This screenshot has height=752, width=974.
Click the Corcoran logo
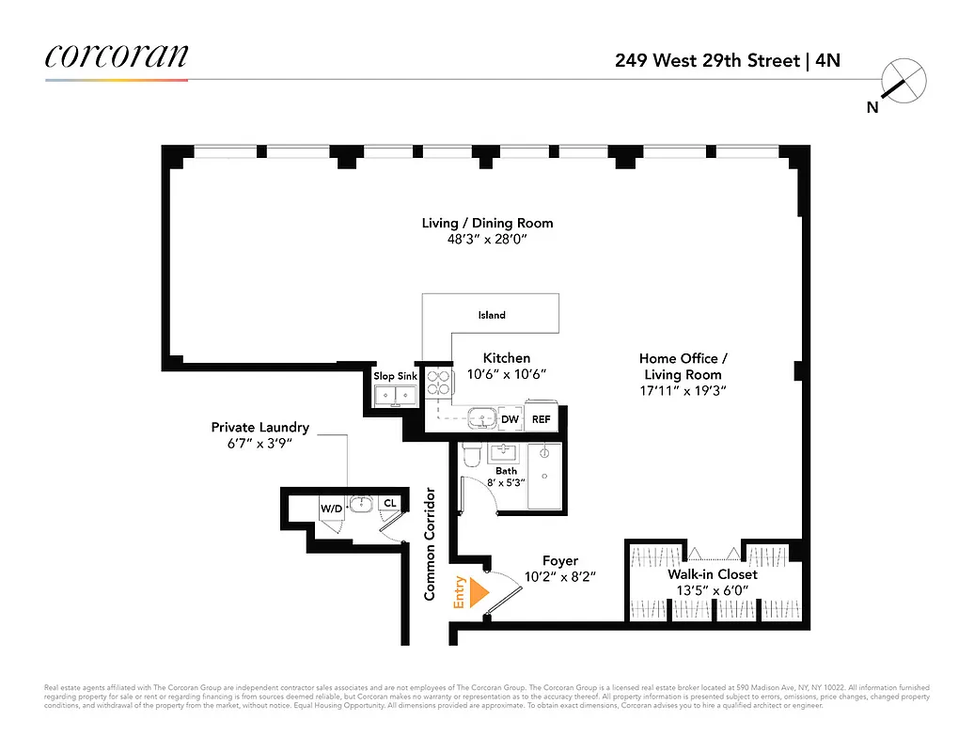pyautogui.click(x=116, y=55)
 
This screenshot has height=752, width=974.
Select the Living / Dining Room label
pyautogui.click(x=487, y=223)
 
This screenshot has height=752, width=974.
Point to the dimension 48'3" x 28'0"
pyautogui.click(x=487, y=239)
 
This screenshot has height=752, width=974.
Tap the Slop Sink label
pyautogui.click(x=395, y=376)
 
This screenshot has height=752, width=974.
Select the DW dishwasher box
pyautogui.click(x=510, y=419)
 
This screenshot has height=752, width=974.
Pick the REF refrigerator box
pyautogui.click(x=542, y=419)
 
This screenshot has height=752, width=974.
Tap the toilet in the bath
pyautogui.click(x=472, y=455)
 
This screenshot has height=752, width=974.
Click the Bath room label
pyautogui.click(x=506, y=471)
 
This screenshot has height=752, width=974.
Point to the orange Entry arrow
pyautogui.click(x=479, y=592)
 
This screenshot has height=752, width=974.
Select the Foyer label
pyautogui.click(x=560, y=560)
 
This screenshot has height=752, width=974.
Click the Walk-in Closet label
pyautogui.click(x=712, y=574)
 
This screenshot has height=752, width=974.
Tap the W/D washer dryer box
pyautogui.click(x=332, y=509)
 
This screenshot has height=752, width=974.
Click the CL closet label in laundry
pyautogui.click(x=389, y=504)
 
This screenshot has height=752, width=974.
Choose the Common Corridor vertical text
pyautogui.click(x=430, y=543)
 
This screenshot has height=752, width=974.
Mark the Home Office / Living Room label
pyautogui.click(x=683, y=367)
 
